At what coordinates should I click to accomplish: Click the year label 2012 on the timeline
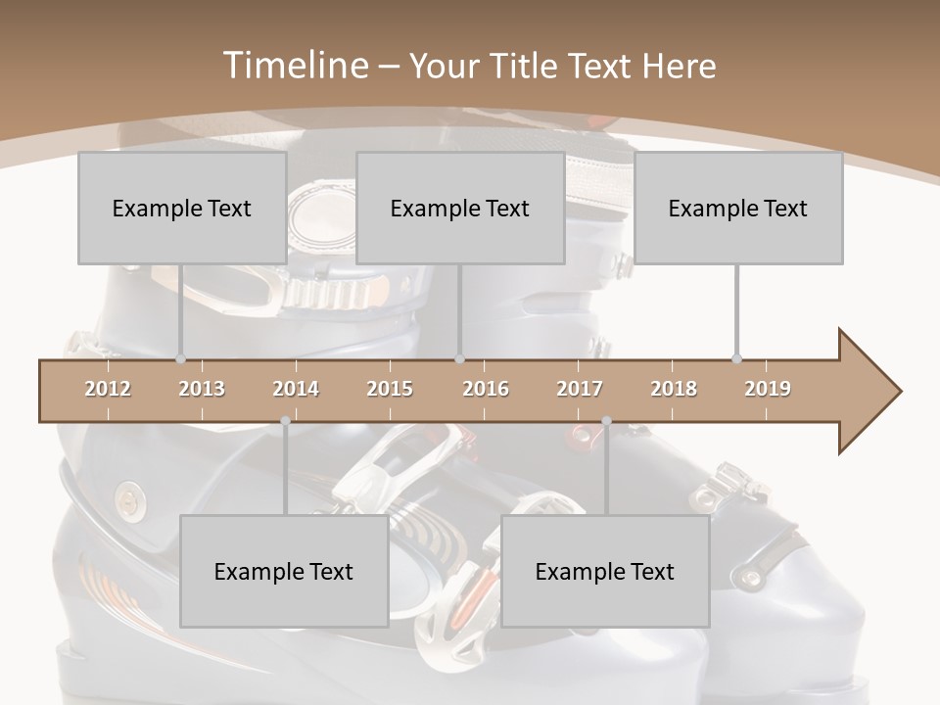point(108,389)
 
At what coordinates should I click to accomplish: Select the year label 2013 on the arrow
point(202,389)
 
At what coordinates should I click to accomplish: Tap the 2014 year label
point(296,389)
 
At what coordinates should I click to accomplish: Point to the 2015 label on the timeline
point(390,389)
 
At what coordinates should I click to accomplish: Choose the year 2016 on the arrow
point(486,389)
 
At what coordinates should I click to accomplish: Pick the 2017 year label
point(580,389)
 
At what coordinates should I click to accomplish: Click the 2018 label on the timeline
point(674,389)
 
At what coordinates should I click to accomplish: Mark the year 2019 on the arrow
point(768,389)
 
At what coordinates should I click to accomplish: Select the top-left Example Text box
point(182,208)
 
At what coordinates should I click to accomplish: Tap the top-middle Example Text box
point(460,208)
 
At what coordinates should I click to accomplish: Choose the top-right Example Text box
point(738,208)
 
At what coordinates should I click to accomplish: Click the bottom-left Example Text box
point(284,571)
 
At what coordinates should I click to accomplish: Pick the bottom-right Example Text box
point(605,571)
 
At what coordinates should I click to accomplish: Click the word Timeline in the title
point(294,66)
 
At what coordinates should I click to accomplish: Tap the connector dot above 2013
point(180,359)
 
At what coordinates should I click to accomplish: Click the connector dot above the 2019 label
point(736,359)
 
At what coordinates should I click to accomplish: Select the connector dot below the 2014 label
point(285,421)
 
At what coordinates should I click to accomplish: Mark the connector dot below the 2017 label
point(606,421)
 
